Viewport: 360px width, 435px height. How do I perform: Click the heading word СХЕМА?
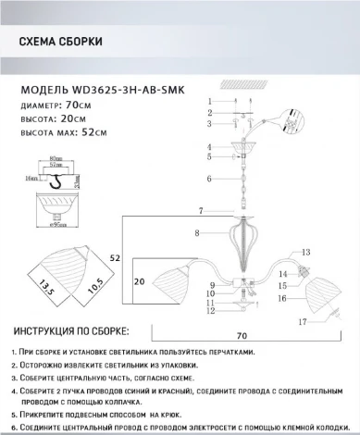click(40, 43)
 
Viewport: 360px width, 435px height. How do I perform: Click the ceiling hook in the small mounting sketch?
click(65, 180)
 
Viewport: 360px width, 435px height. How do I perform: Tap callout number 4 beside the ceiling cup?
click(209, 146)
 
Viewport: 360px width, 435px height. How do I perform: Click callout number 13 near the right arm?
click(304, 251)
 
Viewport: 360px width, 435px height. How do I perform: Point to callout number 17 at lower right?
click(302, 321)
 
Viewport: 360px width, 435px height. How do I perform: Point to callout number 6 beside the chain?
click(209, 178)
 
